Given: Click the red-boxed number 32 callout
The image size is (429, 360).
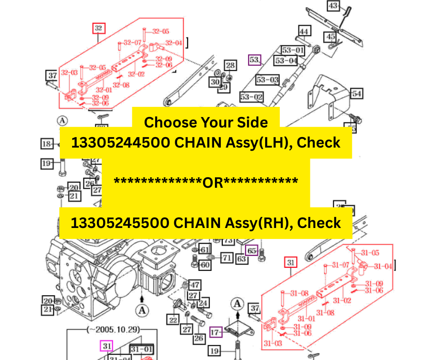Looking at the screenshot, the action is pos(99,28).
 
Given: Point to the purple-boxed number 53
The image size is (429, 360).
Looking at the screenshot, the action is pos(254,60).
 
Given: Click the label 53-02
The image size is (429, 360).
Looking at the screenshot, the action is pos(252,97).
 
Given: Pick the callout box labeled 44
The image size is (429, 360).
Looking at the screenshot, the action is pos(304,31).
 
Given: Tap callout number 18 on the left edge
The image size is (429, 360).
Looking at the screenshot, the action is pos(47,144).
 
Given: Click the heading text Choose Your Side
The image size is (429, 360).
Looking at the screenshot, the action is pos(206,122).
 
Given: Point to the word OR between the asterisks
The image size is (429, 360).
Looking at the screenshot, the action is pos(213,182).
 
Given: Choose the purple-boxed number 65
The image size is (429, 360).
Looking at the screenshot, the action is pos(252,250).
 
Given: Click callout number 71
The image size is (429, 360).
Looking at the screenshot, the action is pos(227,258).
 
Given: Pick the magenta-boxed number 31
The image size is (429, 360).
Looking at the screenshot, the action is pos(106,346).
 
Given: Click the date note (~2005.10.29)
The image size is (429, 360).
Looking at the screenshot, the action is pos(113,329).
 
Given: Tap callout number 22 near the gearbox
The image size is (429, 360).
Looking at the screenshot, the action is pos(173,320).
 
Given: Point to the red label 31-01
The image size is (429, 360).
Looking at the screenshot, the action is pos(306,318).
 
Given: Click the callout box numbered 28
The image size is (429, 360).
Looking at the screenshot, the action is pos(230,66).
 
